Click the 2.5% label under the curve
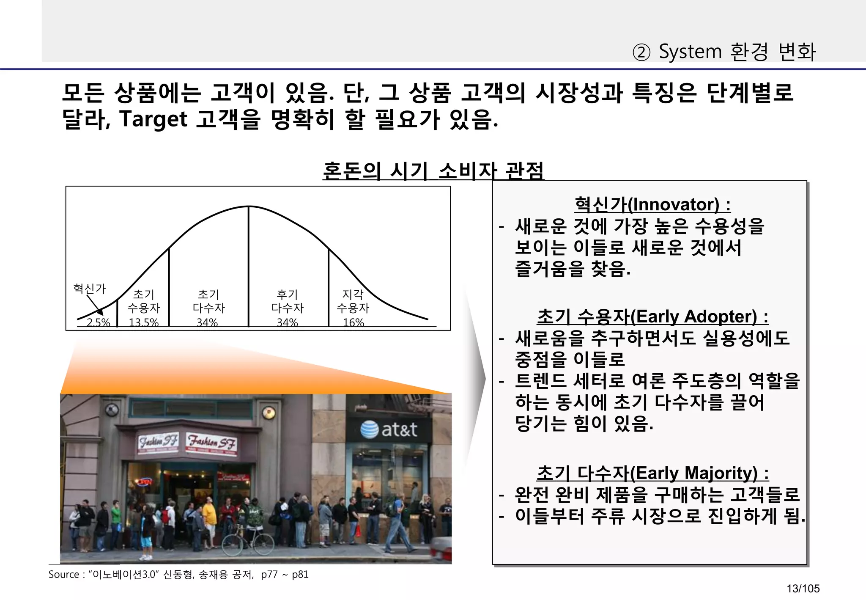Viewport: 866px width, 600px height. click(x=98, y=322)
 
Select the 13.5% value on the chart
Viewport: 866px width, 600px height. click(x=143, y=322)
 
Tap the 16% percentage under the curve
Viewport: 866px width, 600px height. click(x=353, y=322)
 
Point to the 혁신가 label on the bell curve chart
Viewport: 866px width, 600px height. click(x=89, y=289)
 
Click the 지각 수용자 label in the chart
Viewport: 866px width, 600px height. click(x=353, y=301)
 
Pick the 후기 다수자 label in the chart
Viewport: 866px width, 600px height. click(x=288, y=301)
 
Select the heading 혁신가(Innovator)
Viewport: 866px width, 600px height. click(x=652, y=205)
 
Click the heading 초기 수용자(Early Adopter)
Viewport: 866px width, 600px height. click(x=652, y=317)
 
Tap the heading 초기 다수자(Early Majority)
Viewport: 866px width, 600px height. click(x=652, y=473)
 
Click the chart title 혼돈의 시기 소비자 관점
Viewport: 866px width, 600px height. click(x=433, y=171)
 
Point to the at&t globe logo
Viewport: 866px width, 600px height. click(x=369, y=429)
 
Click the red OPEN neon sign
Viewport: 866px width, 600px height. click(x=145, y=482)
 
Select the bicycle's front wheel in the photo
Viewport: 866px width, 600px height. click(x=232, y=545)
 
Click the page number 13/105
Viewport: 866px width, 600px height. click(x=803, y=589)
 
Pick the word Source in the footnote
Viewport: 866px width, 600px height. click(x=64, y=575)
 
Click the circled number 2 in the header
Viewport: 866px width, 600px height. click(x=641, y=53)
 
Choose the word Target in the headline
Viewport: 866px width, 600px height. click(x=153, y=119)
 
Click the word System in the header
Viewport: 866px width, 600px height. click(x=690, y=52)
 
